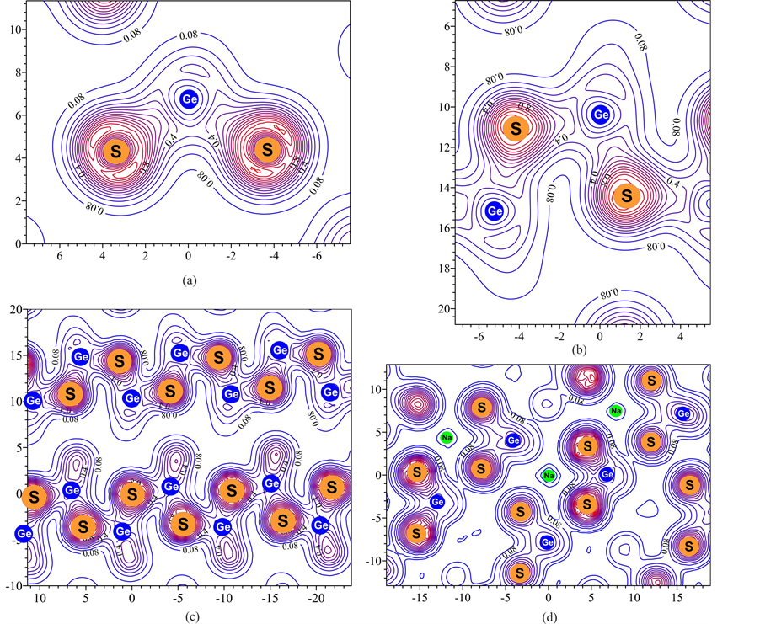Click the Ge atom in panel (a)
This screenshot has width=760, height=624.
(x=189, y=99)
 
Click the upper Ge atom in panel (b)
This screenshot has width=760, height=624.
(x=600, y=114)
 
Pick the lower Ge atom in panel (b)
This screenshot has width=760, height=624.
(x=494, y=211)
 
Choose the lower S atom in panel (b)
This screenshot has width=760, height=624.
(x=626, y=195)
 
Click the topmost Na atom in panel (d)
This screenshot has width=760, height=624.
(x=616, y=411)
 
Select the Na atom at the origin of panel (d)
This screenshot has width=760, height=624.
(x=549, y=475)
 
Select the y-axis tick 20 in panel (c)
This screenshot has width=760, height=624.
(x=16, y=309)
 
